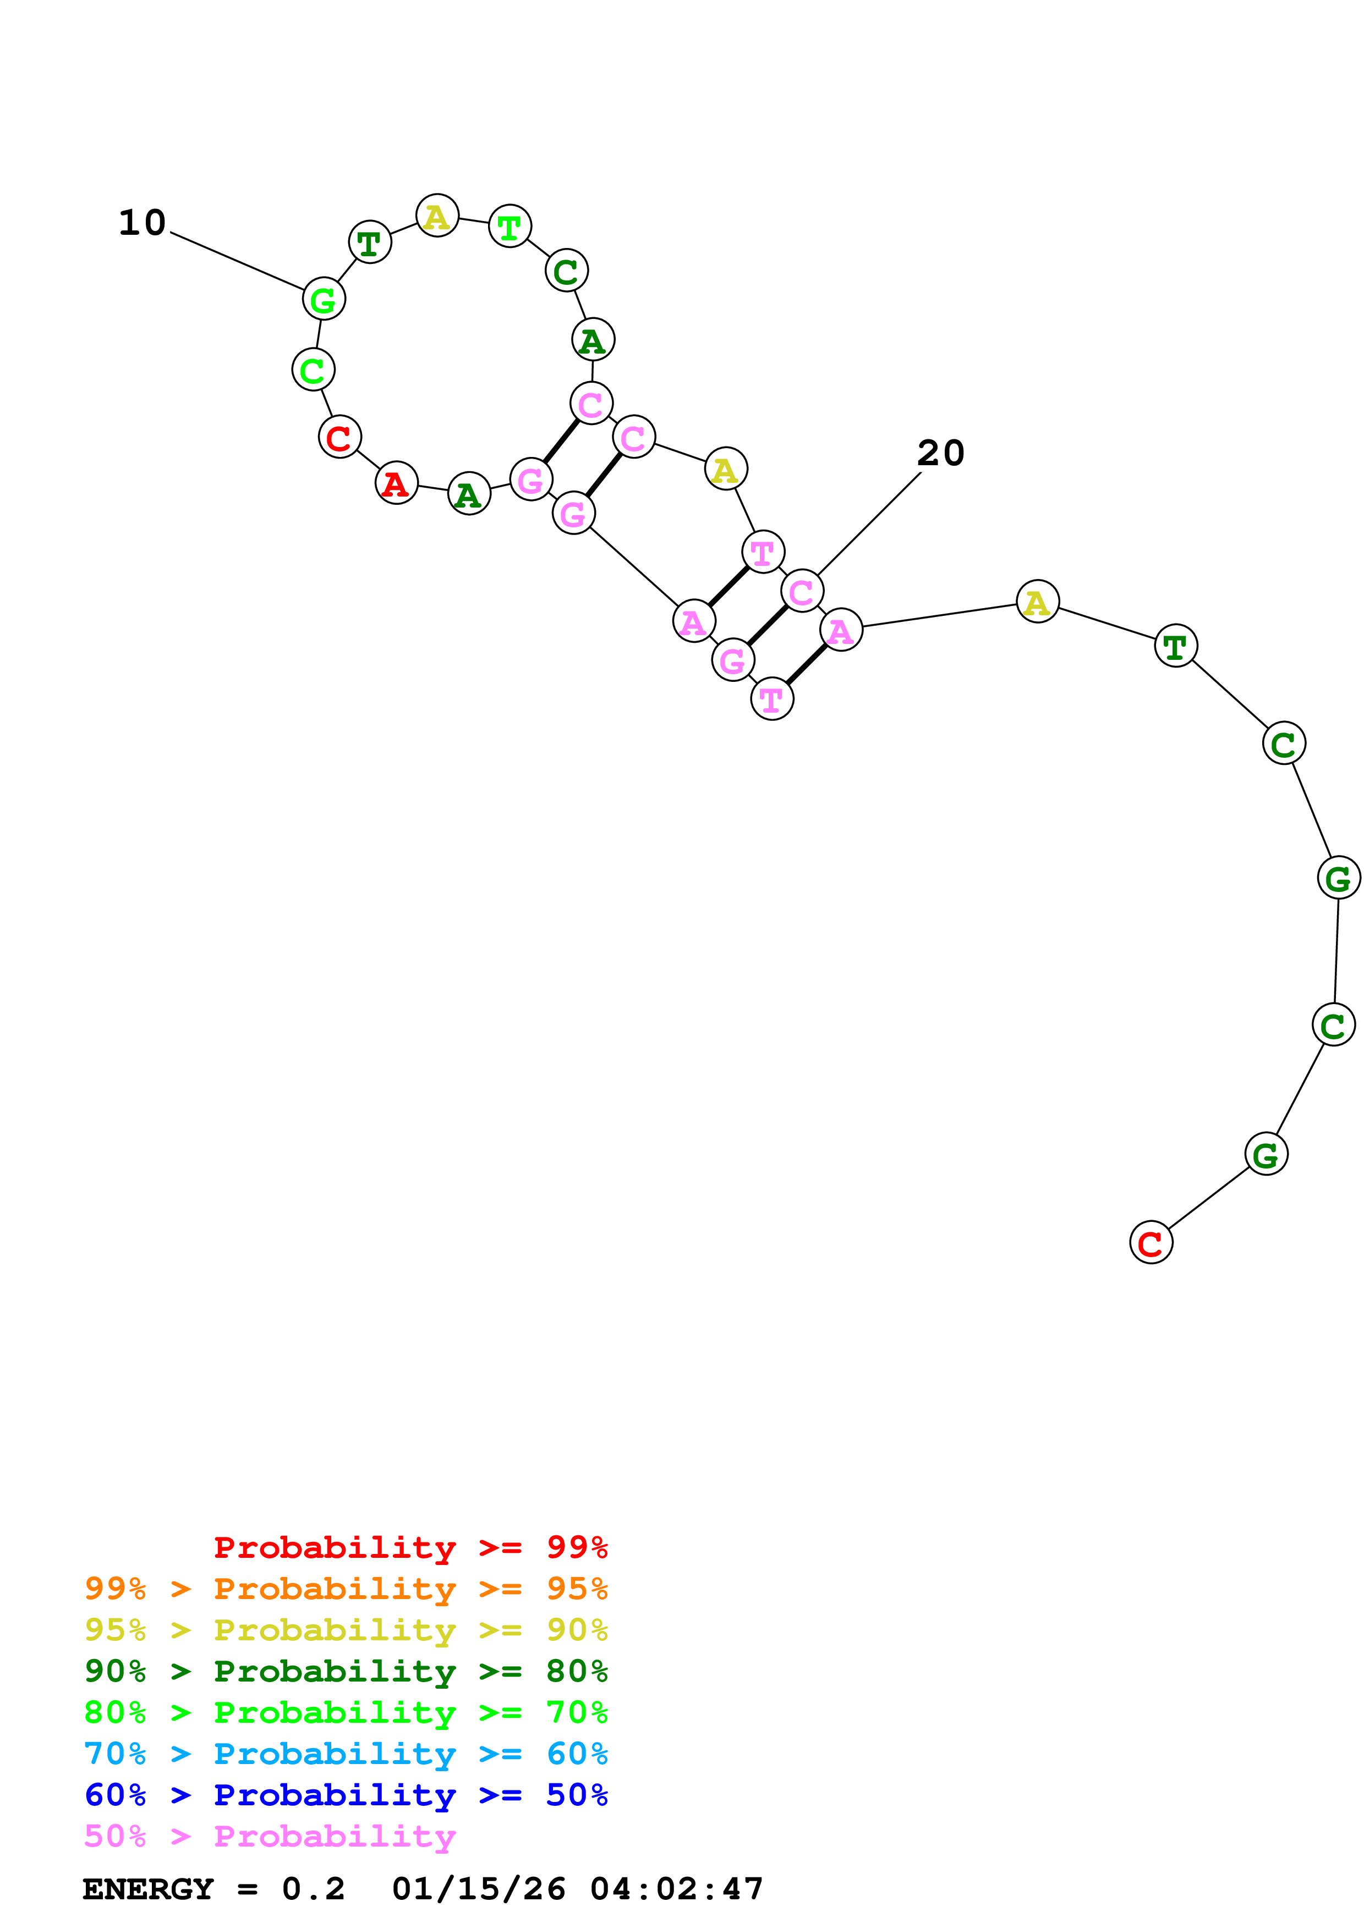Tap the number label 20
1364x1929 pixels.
click(x=940, y=454)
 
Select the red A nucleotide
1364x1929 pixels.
click(x=396, y=483)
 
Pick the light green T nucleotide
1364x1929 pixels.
click(x=510, y=227)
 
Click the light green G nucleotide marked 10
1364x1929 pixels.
click(x=324, y=299)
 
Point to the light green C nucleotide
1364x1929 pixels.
click(x=313, y=370)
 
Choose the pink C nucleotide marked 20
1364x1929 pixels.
click(x=801, y=592)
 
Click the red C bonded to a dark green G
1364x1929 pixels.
click(x=1150, y=1243)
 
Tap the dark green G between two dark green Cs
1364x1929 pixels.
click(x=1337, y=878)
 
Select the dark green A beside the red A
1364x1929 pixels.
click(x=469, y=494)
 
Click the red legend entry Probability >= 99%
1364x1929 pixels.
click(x=410, y=1547)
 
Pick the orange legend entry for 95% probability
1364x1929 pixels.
click(x=346, y=1589)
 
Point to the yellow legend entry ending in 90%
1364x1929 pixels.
click(x=346, y=1630)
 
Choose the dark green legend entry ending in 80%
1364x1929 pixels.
click(x=346, y=1671)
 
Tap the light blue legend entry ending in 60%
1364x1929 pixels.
click(x=346, y=1754)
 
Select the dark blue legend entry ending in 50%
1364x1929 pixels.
click(x=346, y=1795)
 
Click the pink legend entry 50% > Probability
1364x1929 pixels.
click(x=270, y=1836)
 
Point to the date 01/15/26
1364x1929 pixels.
click(x=478, y=1889)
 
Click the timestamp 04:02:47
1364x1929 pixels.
click(x=677, y=1889)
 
